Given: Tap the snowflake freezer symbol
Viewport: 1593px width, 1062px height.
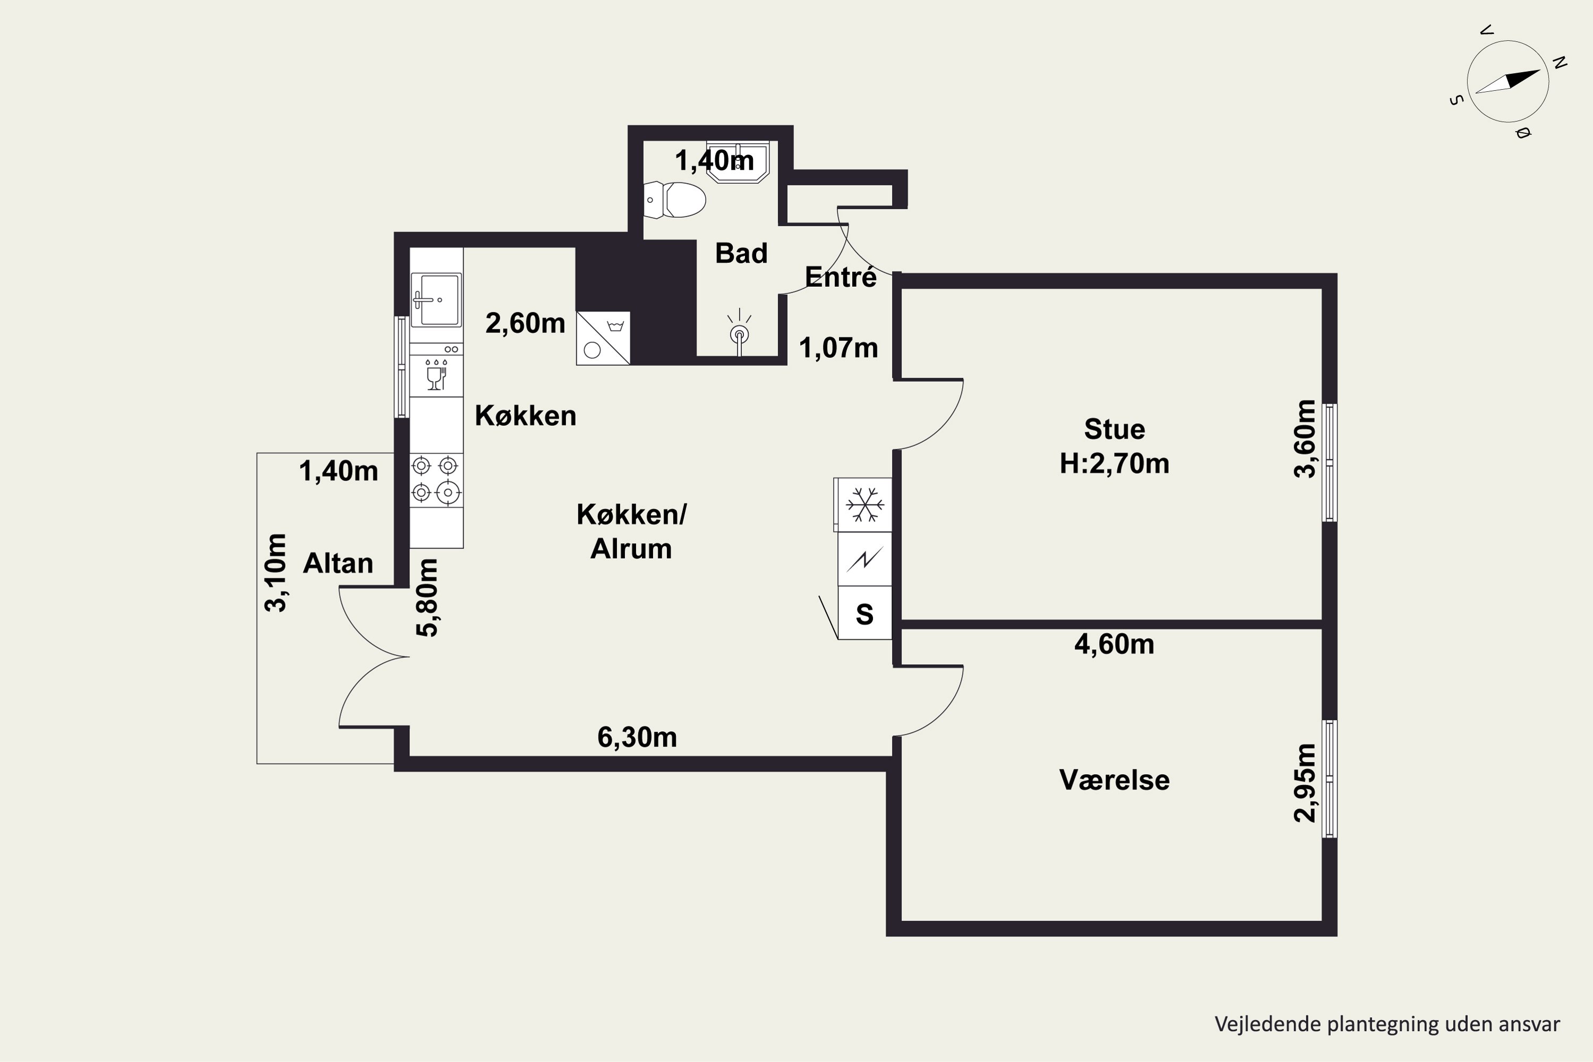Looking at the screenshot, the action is [865, 504].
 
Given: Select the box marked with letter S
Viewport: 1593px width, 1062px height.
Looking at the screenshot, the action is [865, 613].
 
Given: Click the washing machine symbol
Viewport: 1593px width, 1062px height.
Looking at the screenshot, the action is [603, 338].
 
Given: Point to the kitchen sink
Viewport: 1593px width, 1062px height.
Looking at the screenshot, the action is [436, 299].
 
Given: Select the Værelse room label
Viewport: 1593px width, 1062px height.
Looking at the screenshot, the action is [1114, 780].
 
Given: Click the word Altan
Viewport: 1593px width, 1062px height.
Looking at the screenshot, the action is [338, 563].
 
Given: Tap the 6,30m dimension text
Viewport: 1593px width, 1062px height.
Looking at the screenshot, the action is [637, 737].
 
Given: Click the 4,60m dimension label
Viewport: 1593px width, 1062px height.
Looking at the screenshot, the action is [1114, 644].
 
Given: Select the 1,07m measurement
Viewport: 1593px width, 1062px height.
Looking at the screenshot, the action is [838, 347].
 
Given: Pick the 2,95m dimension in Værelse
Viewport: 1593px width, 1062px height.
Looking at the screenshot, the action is [1305, 783].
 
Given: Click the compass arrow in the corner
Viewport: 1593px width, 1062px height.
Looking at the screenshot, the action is [1508, 81].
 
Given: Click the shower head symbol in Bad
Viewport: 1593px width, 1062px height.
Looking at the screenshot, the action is [739, 332].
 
